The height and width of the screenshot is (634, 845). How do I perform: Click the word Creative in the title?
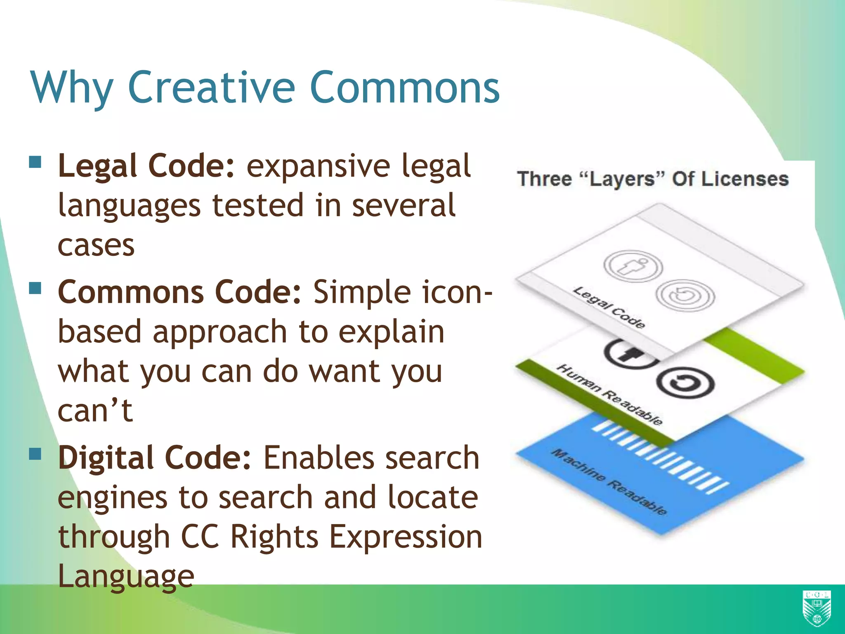pyautogui.click(x=211, y=88)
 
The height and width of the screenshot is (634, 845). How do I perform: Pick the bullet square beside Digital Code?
pyautogui.click(x=35, y=454)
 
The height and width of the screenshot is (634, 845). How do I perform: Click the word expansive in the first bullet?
pyautogui.click(x=318, y=166)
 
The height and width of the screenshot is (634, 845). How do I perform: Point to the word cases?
pyautogui.click(x=96, y=245)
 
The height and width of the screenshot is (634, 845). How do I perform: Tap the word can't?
pyautogui.click(x=95, y=411)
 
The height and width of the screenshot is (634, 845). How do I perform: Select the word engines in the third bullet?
pyautogui.click(x=112, y=497)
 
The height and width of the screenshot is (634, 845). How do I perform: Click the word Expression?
pyautogui.click(x=406, y=537)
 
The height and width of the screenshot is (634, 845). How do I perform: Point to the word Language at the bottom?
pyautogui.click(x=126, y=576)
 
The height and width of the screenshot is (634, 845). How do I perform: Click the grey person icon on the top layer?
pyautogui.click(x=633, y=266)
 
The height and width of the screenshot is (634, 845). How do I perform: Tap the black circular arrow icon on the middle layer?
pyautogui.click(x=685, y=383)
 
